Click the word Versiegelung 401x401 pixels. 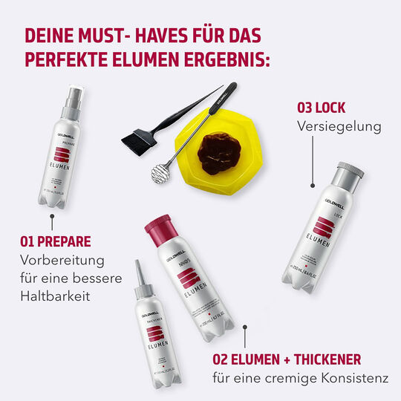339,126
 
